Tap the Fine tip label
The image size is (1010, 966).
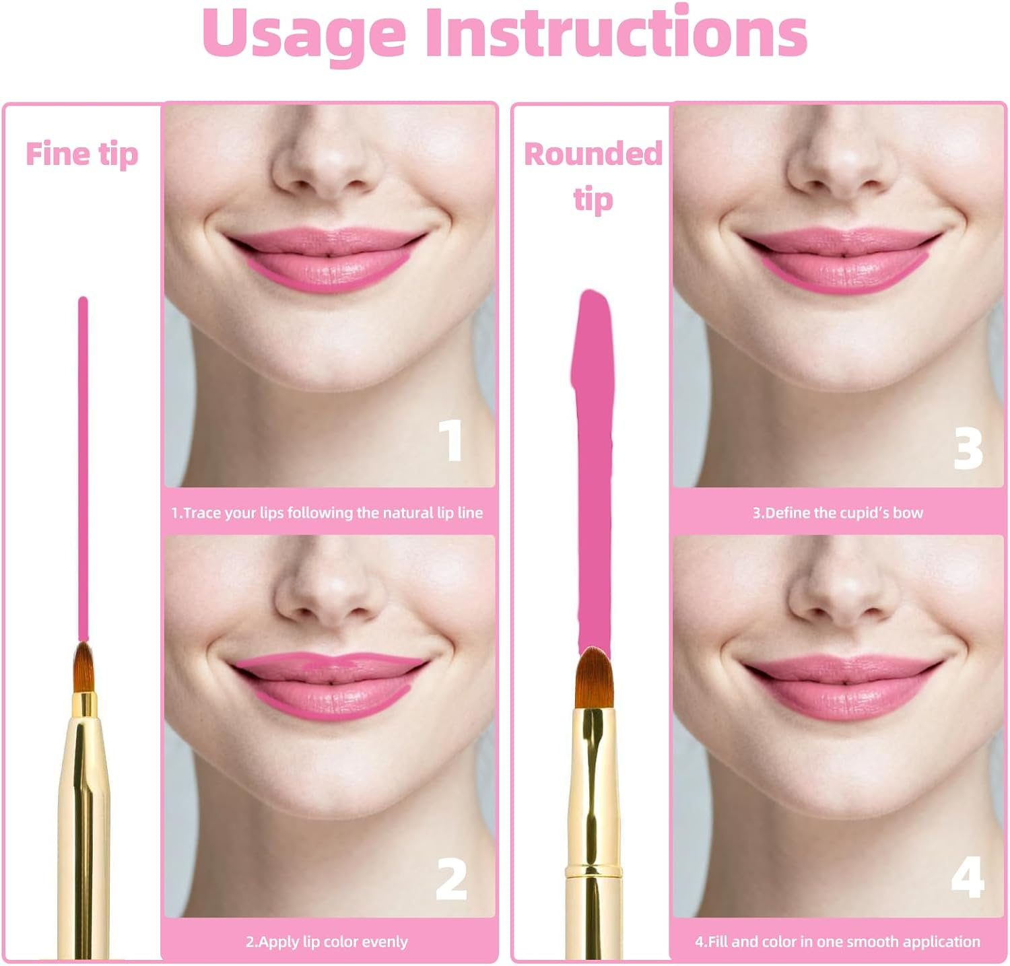point(81,154)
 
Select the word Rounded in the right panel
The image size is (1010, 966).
point(593,154)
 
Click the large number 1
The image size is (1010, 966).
point(451,440)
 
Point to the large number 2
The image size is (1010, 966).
point(451,879)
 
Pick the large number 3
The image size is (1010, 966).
point(968,448)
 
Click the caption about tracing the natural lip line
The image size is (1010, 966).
point(327,513)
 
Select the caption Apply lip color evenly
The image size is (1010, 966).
point(327,942)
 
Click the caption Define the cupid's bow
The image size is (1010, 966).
point(838,513)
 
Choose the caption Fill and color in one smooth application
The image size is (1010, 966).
point(838,942)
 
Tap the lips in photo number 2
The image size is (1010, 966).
point(330,683)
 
